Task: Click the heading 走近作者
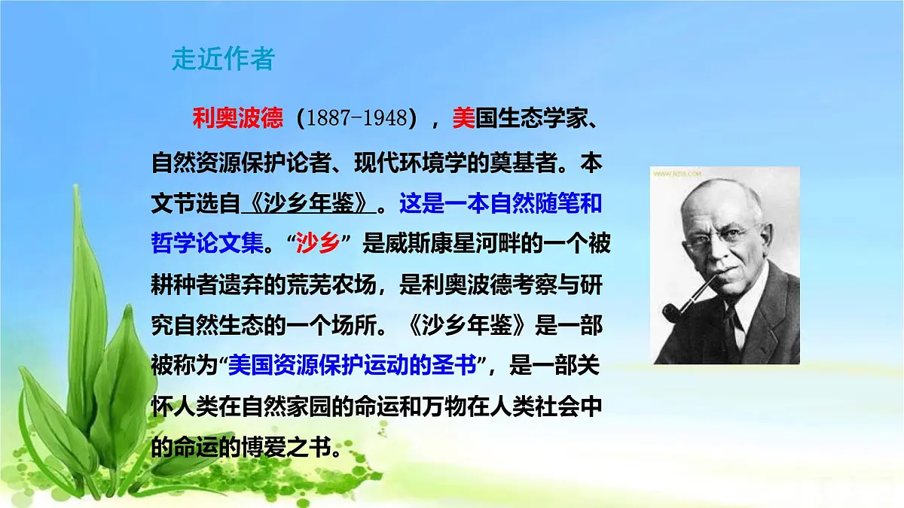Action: pos(223,59)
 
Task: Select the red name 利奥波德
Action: pos(237,117)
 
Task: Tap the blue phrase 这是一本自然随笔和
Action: pos(500,203)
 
